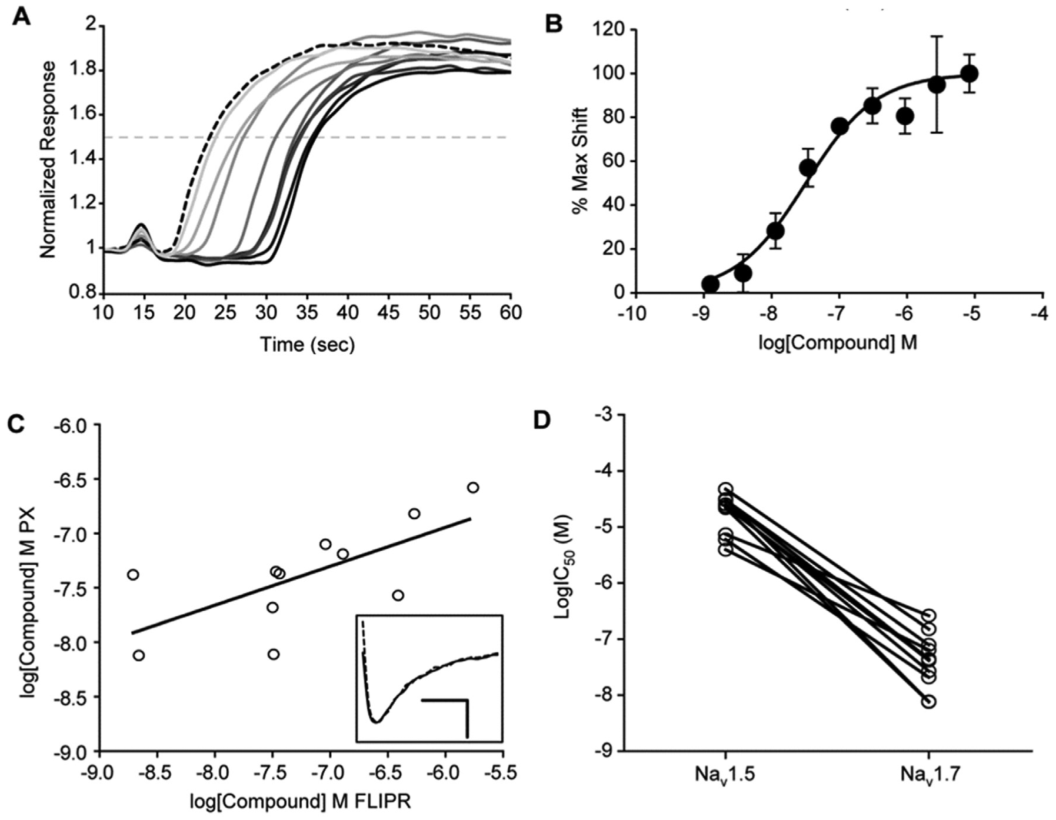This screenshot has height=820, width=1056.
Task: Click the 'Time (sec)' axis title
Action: [x=308, y=344]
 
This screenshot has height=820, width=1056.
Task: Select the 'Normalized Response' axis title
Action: [x=48, y=159]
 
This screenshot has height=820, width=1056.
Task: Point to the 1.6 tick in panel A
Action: [x=83, y=115]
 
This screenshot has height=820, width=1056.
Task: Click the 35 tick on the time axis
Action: [x=307, y=312]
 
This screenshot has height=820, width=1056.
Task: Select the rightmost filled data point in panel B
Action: [x=970, y=74]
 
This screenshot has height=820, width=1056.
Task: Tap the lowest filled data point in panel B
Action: [x=711, y=284]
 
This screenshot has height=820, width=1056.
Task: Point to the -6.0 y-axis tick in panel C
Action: [x=71, y=424]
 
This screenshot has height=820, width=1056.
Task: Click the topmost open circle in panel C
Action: [x=473, y=487]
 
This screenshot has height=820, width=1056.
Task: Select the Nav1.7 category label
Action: [x=928, y=776]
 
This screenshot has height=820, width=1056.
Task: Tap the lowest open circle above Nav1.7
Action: [x=929, y=701]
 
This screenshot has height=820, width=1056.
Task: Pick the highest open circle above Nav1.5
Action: [x=725, y=489]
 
